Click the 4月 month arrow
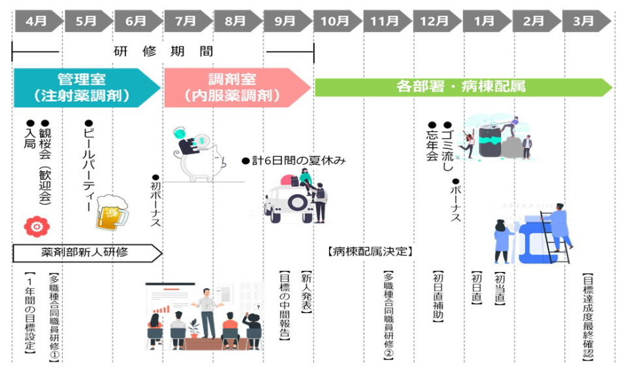coord(38,21)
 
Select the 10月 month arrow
coord(336,21)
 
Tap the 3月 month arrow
coord(585,21)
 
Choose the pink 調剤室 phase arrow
coord(235,88)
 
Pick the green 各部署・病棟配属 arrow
coord(461,86)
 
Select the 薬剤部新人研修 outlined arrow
coord(85,252)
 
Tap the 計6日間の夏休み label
coord(293,160)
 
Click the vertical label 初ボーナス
coord(155,200)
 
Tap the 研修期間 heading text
coord(163,51)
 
